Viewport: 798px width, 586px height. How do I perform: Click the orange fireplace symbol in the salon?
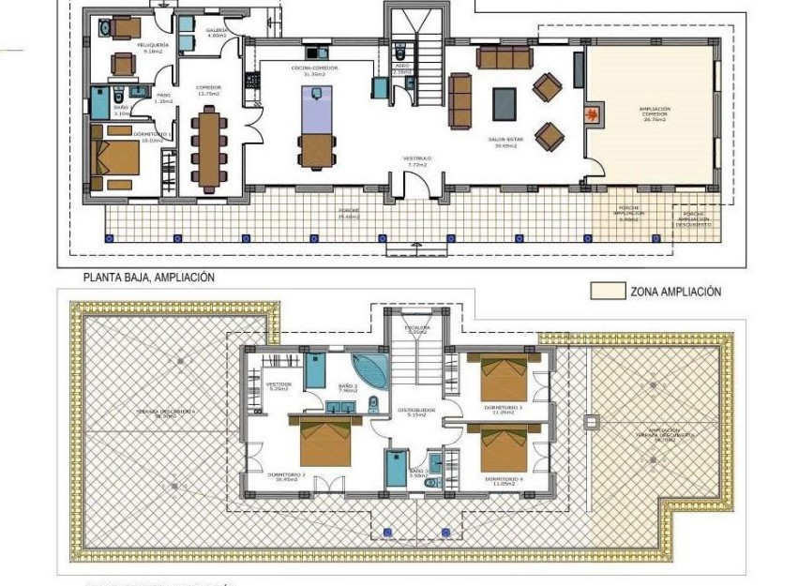592,115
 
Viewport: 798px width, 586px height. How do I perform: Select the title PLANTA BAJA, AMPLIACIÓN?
149,278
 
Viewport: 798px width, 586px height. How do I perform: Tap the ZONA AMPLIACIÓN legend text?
675,292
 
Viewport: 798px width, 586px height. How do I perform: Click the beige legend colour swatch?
608,292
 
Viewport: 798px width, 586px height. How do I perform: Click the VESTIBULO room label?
416,161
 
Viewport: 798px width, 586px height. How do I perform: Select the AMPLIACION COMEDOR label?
654,113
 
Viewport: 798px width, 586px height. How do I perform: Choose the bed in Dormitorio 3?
505,376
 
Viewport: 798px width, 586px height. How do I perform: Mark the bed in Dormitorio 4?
505,449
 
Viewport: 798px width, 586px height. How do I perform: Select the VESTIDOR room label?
279,386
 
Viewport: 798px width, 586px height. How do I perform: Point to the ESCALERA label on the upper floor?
416,329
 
